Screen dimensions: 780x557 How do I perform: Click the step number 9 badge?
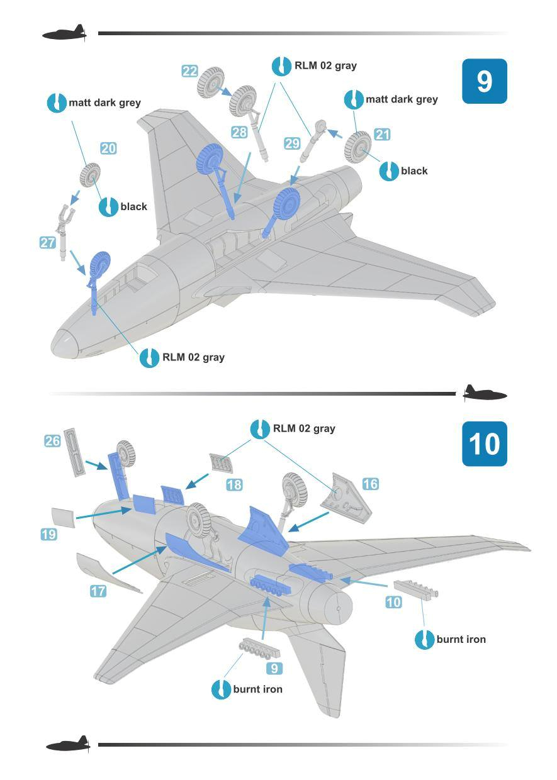pos(484,81)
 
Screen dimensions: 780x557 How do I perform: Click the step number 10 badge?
pos(484,443)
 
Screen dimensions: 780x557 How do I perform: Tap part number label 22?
pos(190,71)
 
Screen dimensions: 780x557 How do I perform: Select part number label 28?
pos(239,132)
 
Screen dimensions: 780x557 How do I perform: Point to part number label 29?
pos(292,143)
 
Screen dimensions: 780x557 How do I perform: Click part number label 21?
pos(382,134)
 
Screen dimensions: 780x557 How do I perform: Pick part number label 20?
pos(108,148)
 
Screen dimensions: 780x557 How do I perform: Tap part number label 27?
pos(47,243)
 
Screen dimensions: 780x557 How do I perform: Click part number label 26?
pos(52,441)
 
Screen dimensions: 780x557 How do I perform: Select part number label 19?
pos(48,535)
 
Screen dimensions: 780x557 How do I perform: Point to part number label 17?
pos(98,591)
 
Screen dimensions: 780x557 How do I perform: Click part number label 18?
pos(234,485)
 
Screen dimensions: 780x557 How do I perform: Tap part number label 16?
pos(370,484)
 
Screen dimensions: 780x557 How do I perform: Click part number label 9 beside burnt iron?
pos(274,668)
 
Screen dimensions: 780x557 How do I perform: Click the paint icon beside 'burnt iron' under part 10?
pos(424,640)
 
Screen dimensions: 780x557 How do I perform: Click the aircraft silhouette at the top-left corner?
pos(65,33)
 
